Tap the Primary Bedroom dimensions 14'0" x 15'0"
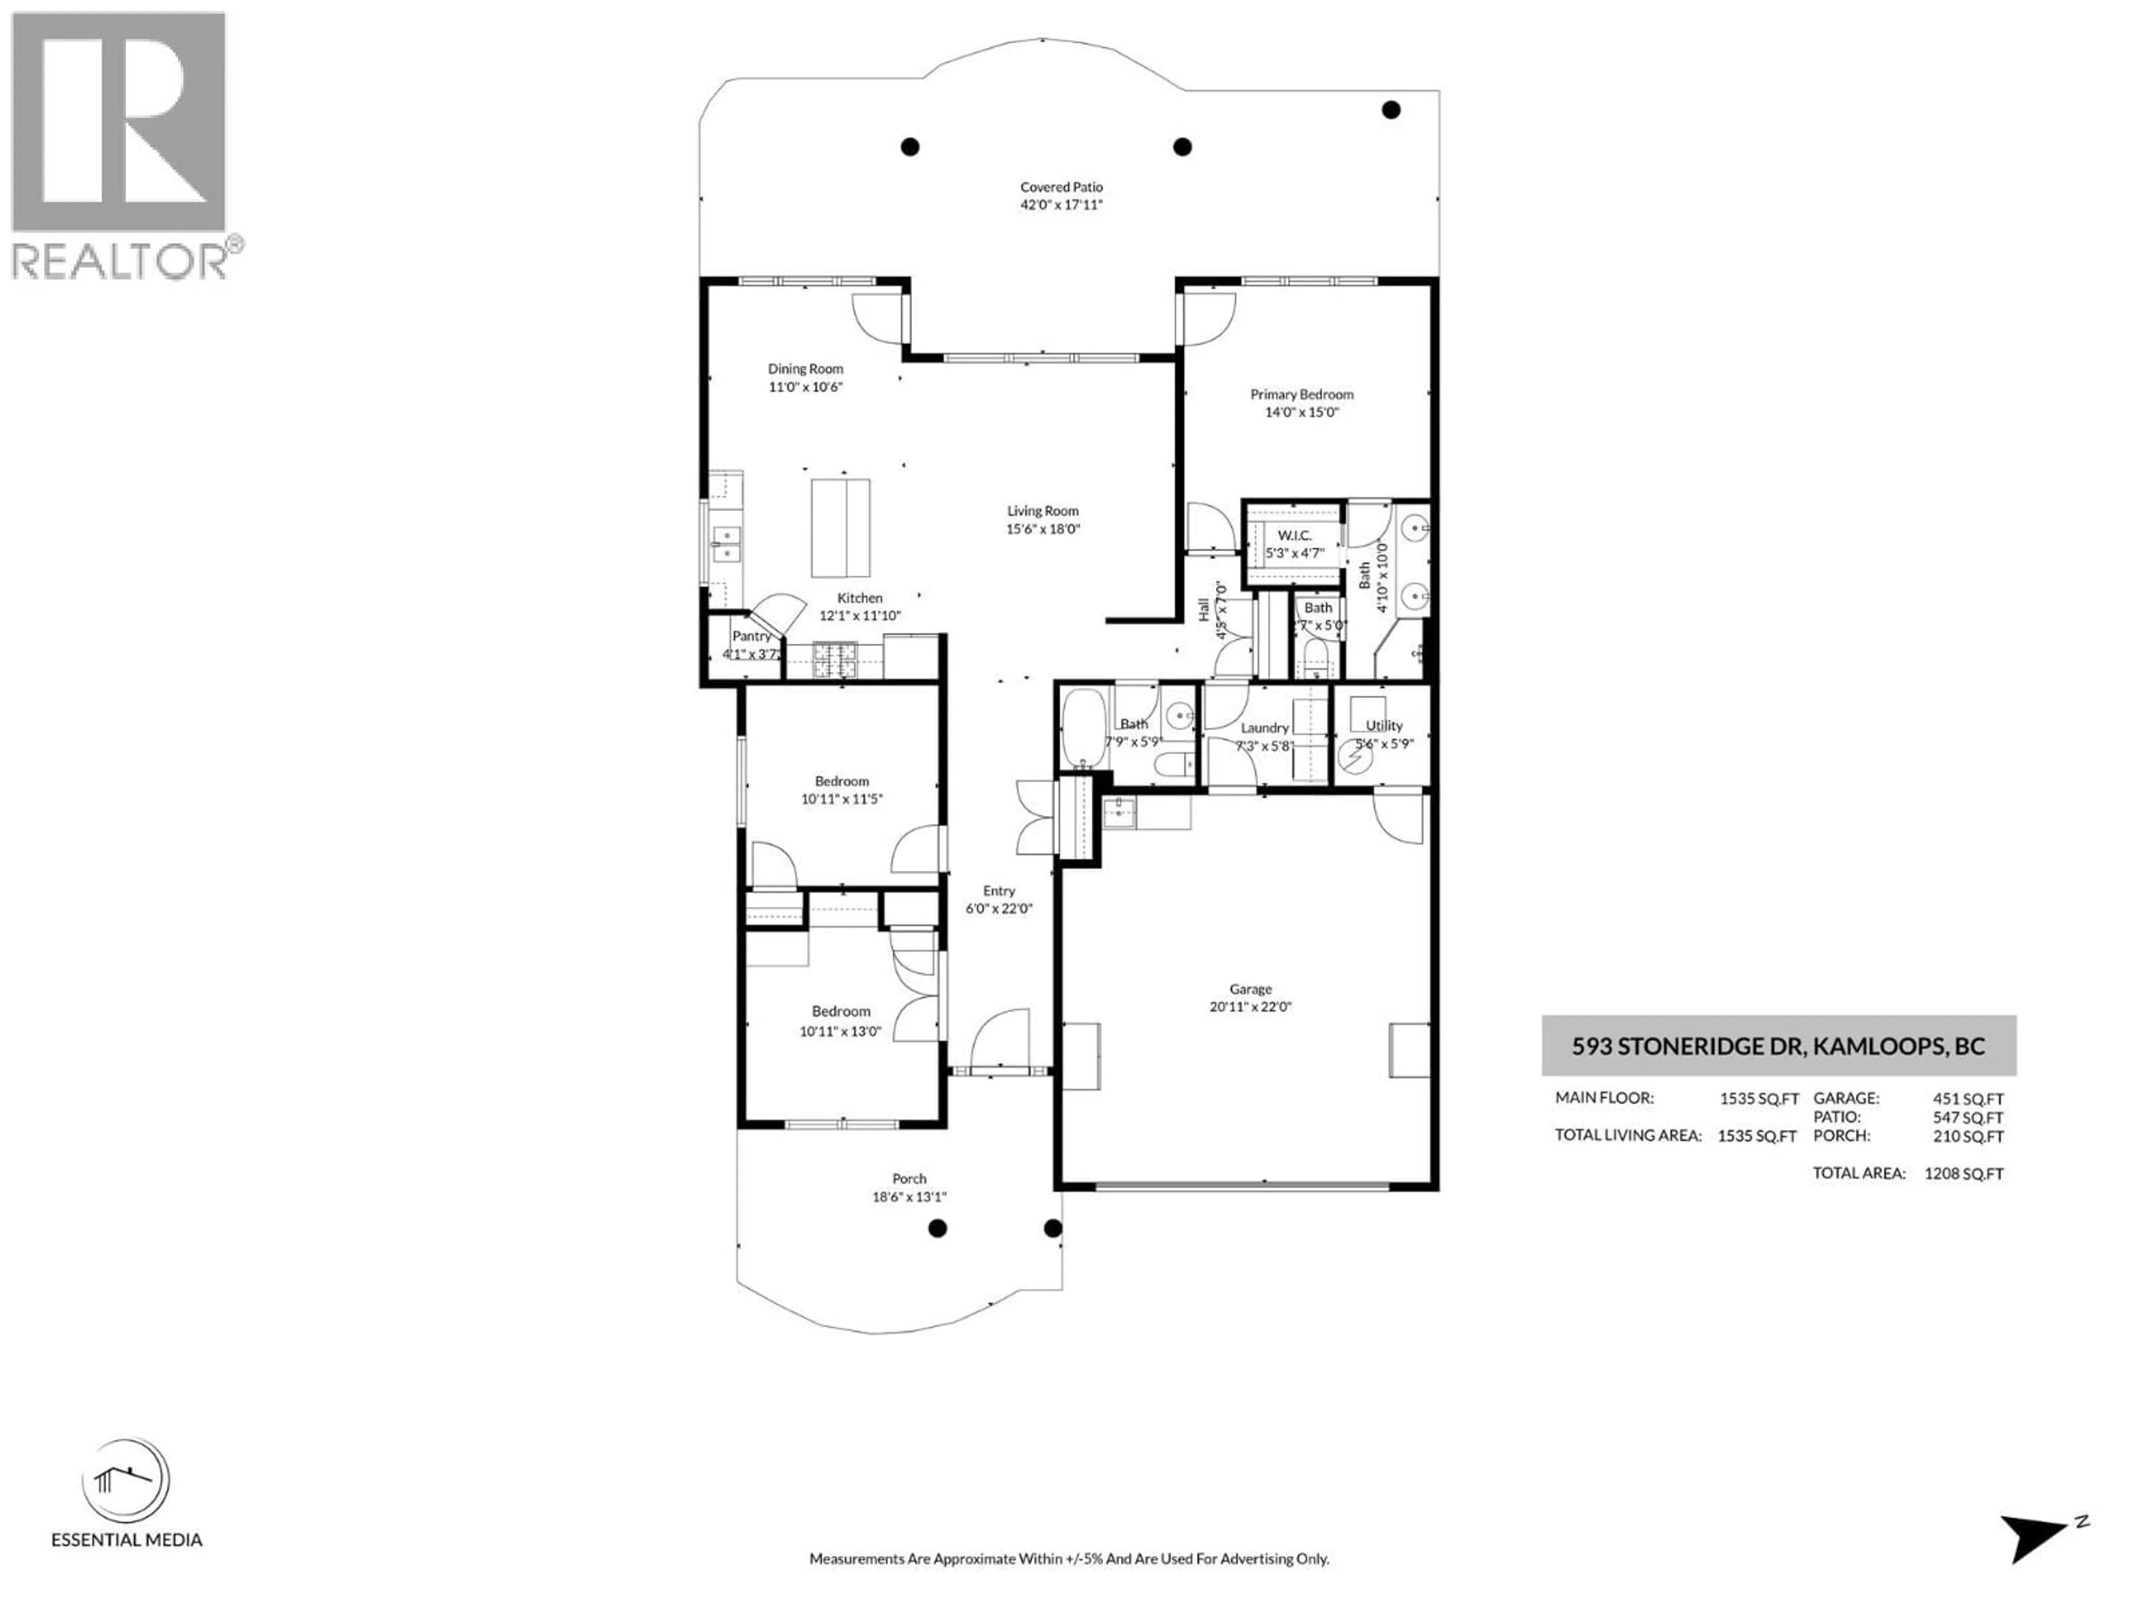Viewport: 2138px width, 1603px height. tap(1301, 412)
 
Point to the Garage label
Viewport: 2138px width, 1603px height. tap(1250, 989)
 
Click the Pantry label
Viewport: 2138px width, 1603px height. tap(751, 636)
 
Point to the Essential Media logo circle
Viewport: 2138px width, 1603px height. tap(126, 1481)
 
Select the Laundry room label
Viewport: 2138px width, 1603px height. tap(1264, 727)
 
